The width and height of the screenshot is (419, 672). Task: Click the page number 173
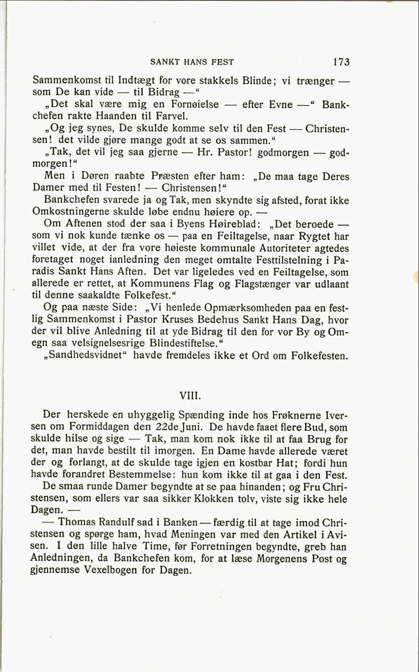(x=342, y=62)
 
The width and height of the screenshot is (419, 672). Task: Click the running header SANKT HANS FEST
(x=192, y=62)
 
